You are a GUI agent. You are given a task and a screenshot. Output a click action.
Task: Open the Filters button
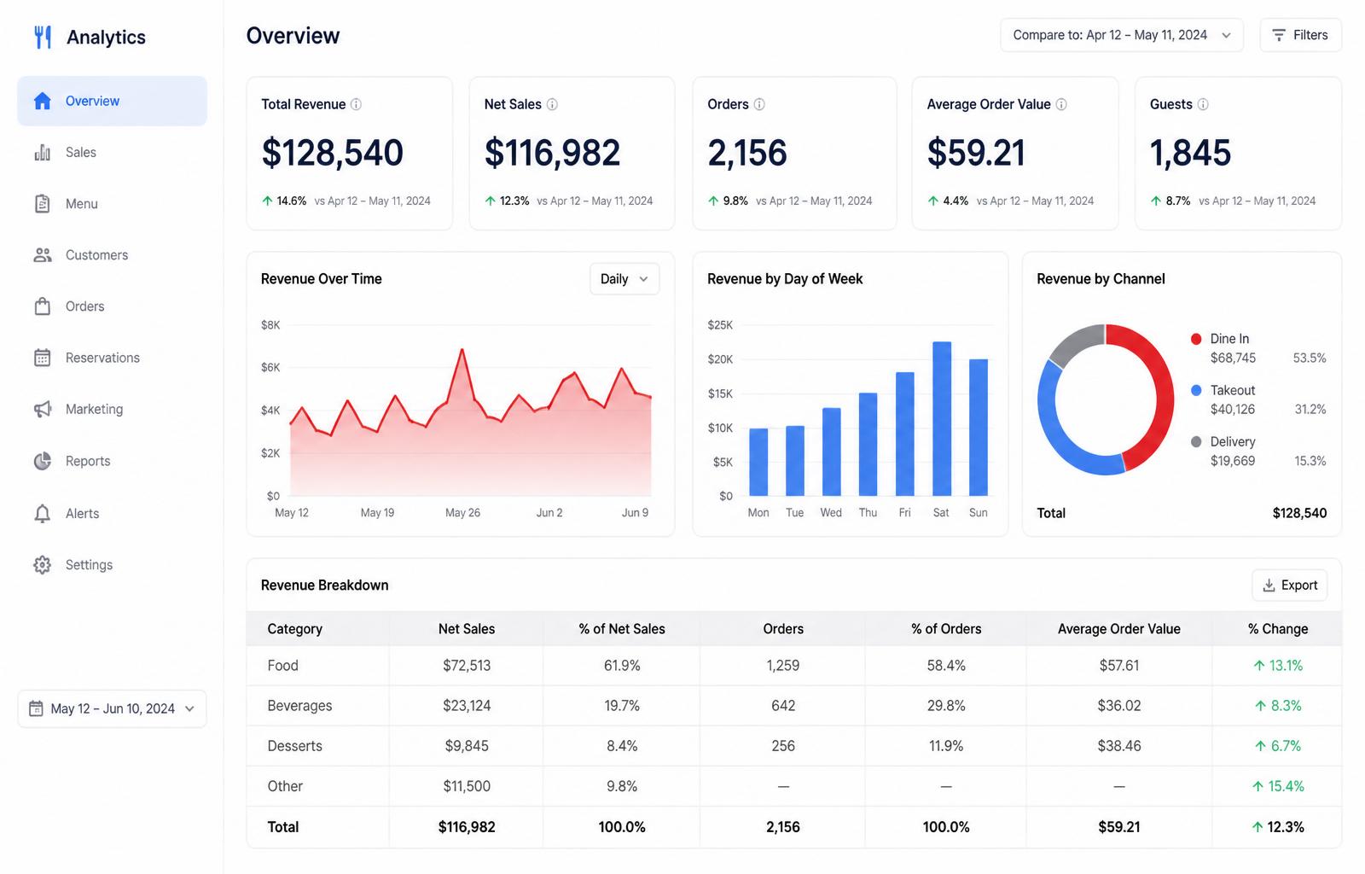point(1300,35)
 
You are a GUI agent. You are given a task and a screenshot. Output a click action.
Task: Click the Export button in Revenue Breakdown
point(1289,586)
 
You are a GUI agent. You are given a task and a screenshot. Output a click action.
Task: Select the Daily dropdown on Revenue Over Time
point(624,279)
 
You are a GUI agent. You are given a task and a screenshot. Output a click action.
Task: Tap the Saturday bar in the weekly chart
point(942,419)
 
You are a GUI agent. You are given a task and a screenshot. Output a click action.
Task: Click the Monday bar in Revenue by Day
point(758,462)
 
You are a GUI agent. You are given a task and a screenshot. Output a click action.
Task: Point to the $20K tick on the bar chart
point(720,359)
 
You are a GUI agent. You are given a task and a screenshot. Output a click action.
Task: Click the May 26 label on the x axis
point(462,513)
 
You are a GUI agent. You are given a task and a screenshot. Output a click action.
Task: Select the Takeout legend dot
point(1196,390)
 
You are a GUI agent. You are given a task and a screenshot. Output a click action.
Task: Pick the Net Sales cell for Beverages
point(467,706)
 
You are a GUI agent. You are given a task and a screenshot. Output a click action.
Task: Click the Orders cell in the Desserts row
point(783,746)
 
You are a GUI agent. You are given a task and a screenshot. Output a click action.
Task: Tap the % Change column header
point(1278,629)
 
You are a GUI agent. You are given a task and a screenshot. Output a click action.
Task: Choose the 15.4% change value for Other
point(1279,786)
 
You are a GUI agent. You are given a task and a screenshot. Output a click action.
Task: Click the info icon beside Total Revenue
point(356,104)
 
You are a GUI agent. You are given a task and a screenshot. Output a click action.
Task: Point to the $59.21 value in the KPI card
point(976,153)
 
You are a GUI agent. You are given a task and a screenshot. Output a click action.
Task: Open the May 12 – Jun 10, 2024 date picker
point(112,708)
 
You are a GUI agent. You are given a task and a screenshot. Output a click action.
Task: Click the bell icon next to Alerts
point(42,513)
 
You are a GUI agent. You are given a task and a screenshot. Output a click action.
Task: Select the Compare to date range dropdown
point(1121,35)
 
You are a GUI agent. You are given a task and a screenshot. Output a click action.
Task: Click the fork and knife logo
point(43,38)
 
